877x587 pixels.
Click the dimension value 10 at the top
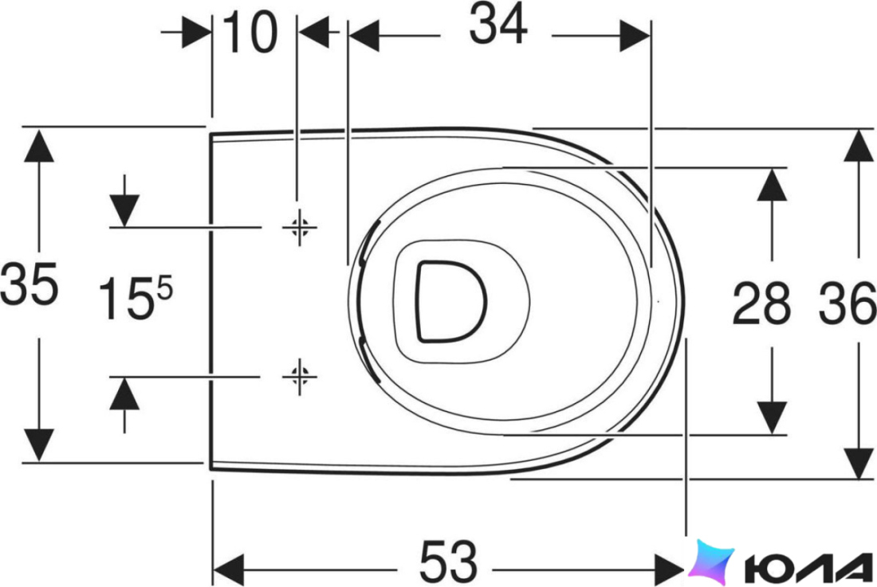[250, 33]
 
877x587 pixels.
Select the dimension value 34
[497, 24]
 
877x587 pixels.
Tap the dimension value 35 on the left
[29, 284]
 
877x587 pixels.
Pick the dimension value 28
[761, 303]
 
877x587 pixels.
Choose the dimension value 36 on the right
[848, 303]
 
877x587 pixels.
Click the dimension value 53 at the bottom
[449, 561]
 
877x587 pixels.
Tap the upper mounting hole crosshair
[300, 227]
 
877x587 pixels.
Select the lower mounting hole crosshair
[300, 377]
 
